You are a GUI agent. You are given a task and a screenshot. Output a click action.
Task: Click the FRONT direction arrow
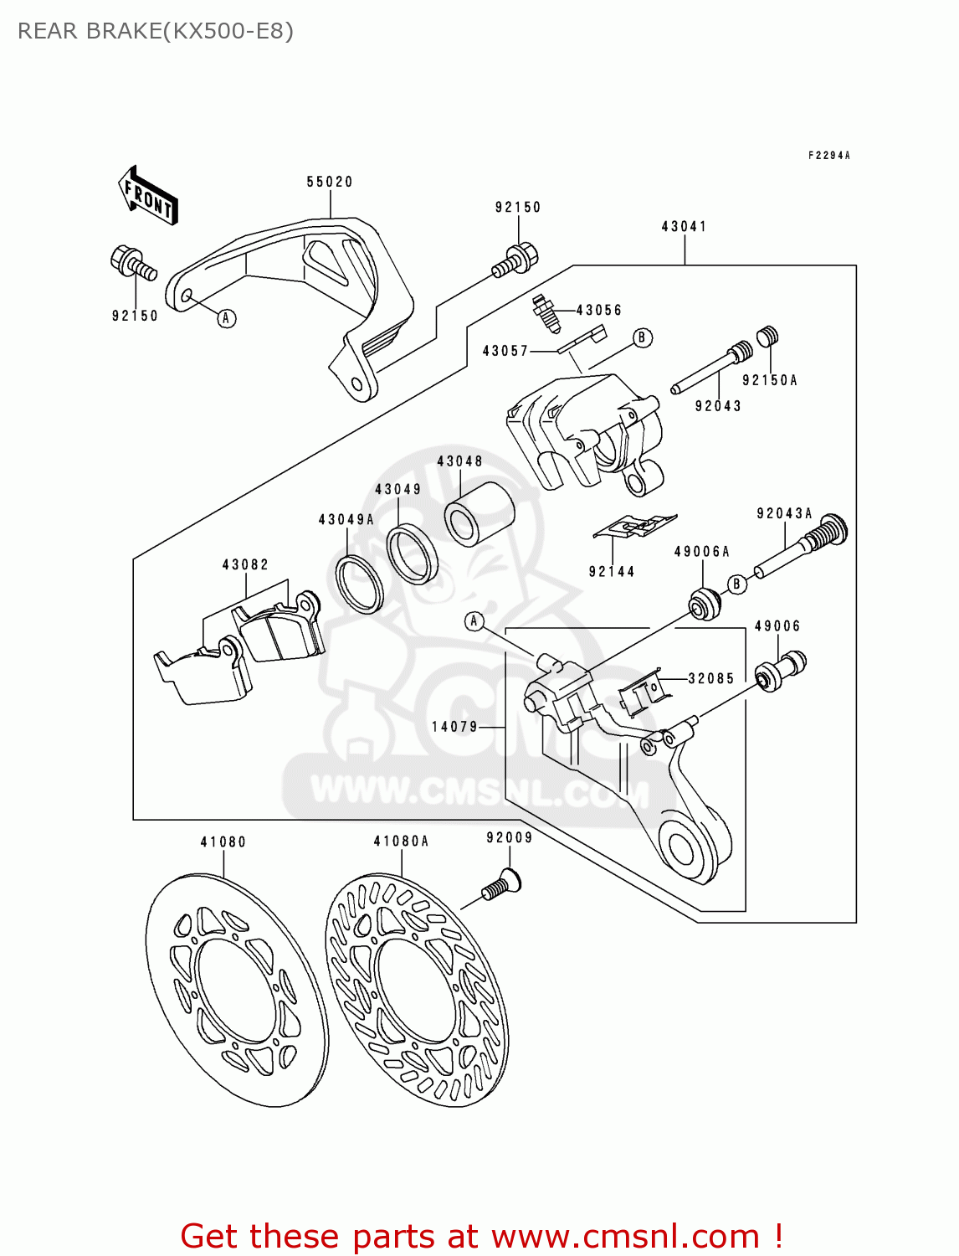[148, 195]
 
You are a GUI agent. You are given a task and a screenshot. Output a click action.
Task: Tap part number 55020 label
[330, 182]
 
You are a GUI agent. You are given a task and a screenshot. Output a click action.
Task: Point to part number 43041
[684, 226]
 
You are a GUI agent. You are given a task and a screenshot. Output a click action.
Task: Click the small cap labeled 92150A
[768, 337]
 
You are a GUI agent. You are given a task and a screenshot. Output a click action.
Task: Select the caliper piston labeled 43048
[479, 513]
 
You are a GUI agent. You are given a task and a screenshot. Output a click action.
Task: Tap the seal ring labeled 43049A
[359, 583]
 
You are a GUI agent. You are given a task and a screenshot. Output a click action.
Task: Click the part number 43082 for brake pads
[245, 565]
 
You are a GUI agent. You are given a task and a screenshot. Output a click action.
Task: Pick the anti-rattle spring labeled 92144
[633, 526]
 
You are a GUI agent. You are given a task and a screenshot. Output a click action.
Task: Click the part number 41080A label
[401, 841]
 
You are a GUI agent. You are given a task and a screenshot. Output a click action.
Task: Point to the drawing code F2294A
[828, 155]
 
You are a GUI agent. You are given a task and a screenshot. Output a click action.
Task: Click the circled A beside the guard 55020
[226, 318]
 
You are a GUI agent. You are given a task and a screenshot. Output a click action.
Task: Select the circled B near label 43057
[642, 337]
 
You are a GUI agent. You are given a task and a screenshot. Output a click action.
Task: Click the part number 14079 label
[454, 727]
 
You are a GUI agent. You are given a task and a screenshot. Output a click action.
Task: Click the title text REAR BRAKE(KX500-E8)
[156, 31]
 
